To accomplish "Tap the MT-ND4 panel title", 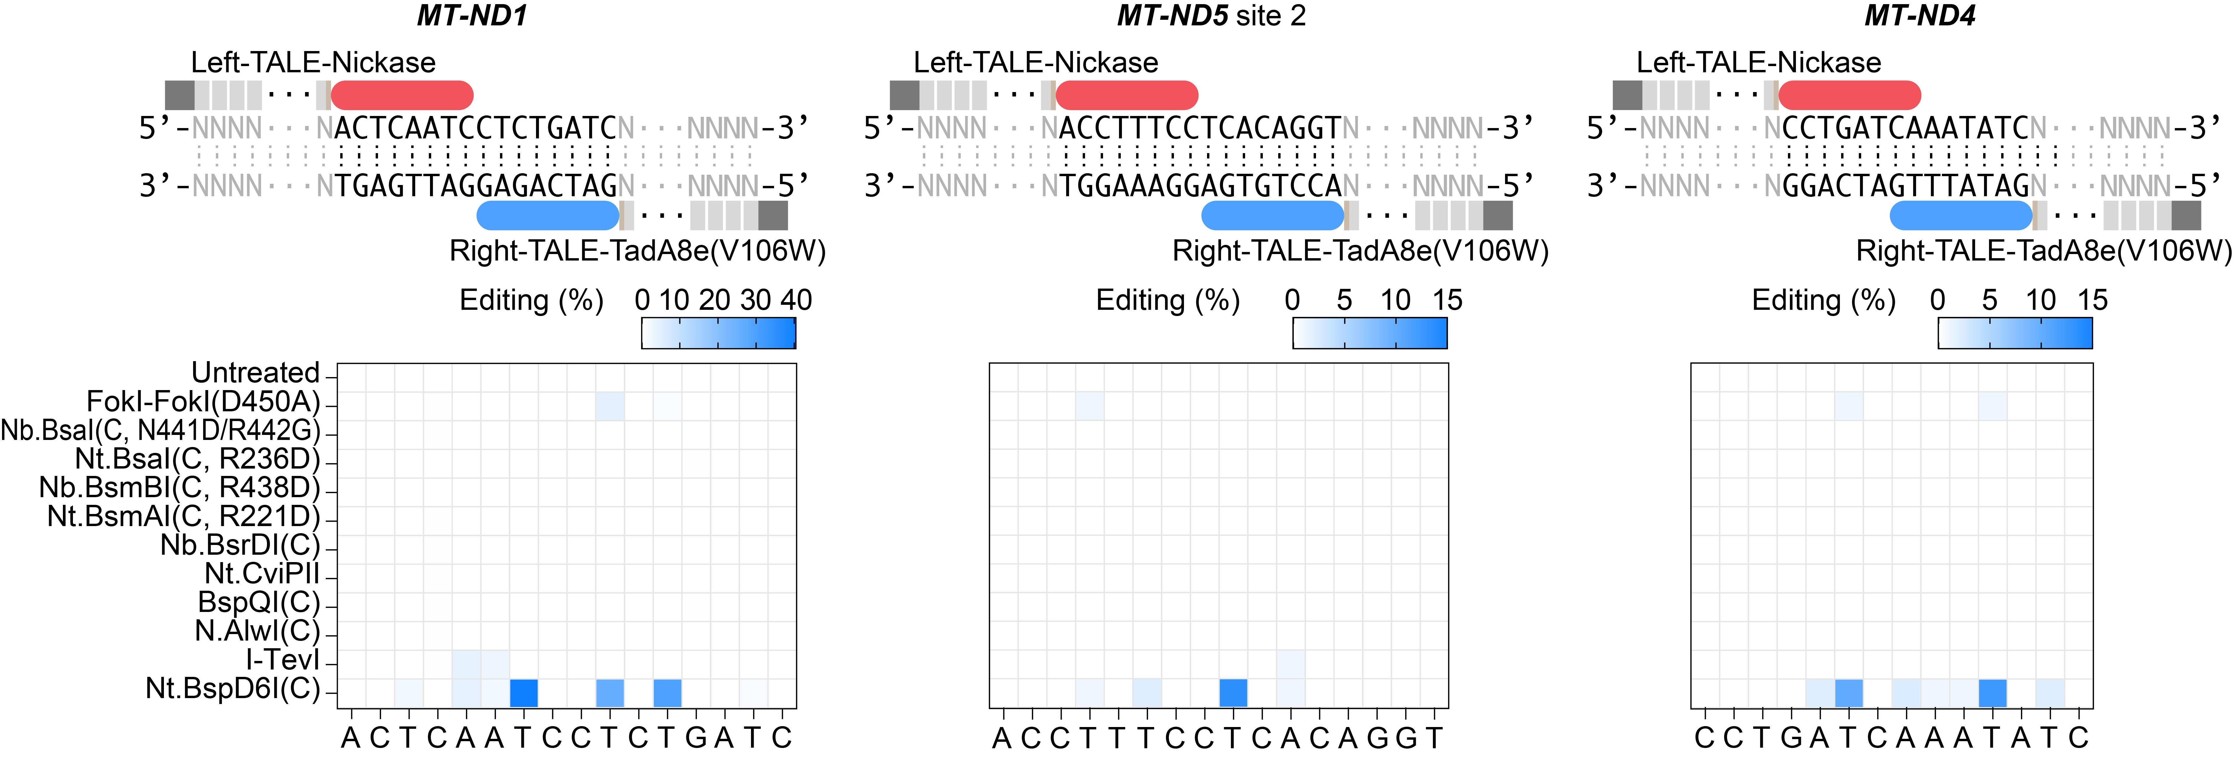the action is [1920, 16].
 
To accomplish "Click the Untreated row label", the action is [256, 372].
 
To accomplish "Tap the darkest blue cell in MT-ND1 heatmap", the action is [524, 693].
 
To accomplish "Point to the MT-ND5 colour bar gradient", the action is [1370, 333].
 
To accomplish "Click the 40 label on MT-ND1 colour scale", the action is [796, 300].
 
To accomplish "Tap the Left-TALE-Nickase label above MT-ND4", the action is [1759, 62].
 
